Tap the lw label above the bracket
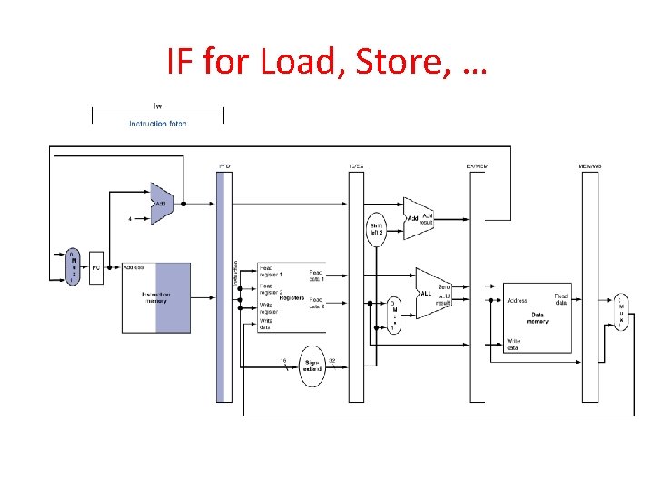point(158,103)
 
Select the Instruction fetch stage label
point(158,124)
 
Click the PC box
point(96,267)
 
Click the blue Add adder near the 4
point(163,204)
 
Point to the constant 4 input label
point(131,218)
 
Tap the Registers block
point(290,296)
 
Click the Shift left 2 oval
point(377,228)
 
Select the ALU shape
point(431,293)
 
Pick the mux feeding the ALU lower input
point(395,315)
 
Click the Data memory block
point(538,316)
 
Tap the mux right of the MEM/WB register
point(621,312)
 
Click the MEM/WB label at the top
point(590,166)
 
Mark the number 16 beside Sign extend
point(282,361)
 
